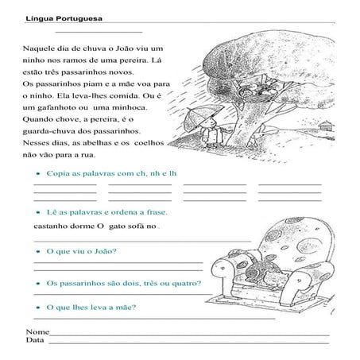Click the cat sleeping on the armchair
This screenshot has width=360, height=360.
click(266, 274)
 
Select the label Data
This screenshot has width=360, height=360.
click(36, 340)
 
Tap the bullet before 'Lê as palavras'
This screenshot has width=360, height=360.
click(39, 212)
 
